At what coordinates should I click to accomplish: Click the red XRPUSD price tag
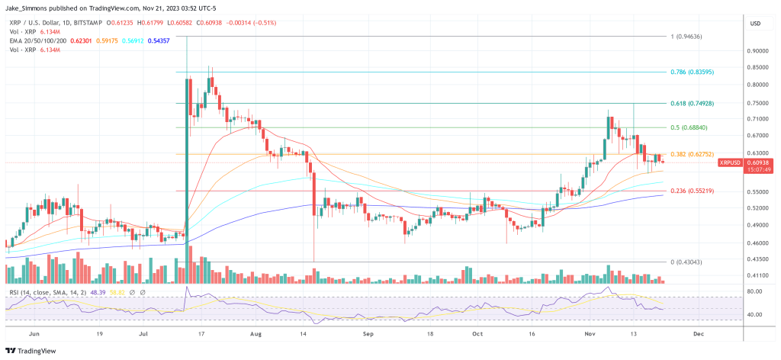[x=734, y=162]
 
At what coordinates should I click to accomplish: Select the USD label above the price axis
[x=757, y=23]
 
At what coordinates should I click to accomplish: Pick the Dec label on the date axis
[x=697, y=333]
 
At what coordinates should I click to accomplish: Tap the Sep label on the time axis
[x=368, y=333]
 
